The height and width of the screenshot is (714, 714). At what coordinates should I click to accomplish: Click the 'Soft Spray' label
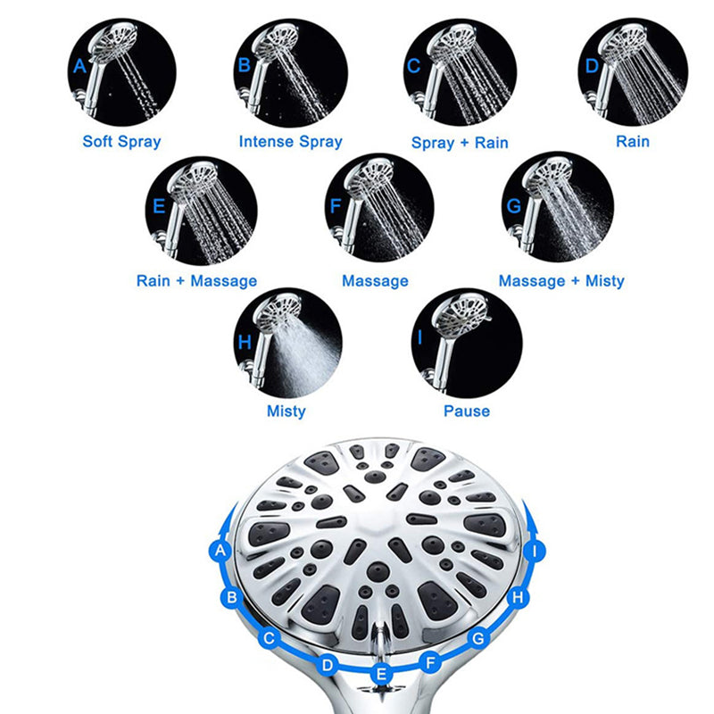click(122, 141)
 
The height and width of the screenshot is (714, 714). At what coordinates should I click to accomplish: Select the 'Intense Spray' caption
click(290, 141)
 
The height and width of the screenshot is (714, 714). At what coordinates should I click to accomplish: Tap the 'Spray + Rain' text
click(460, 142)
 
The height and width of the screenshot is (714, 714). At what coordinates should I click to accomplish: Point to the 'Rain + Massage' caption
click(196, 281)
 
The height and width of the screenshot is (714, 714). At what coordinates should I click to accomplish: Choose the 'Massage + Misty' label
click(561, 281)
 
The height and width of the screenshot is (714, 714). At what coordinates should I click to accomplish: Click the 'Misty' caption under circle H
click(286, 411)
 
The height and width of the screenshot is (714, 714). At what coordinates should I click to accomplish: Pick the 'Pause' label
click(467, 411)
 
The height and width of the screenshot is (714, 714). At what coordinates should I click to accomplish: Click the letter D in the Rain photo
click(592, 66)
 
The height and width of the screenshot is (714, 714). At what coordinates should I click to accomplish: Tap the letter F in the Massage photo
click(335, 204)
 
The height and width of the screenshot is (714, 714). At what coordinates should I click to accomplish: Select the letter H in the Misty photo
click(245, 342)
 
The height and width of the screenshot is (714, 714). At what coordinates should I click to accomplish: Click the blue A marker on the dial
click(220, 551)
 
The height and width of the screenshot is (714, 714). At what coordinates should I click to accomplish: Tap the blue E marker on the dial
click(382, 674)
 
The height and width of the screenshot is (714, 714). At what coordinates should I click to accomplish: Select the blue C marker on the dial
click(269, 638)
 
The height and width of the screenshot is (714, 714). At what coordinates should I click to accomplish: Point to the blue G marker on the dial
click(479, 638)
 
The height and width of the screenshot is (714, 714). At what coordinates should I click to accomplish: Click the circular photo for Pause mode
click(466, 342)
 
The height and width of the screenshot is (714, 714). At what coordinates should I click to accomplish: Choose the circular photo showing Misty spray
click(286, 342)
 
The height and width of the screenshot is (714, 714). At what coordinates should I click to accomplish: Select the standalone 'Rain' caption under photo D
click(632, 141)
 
